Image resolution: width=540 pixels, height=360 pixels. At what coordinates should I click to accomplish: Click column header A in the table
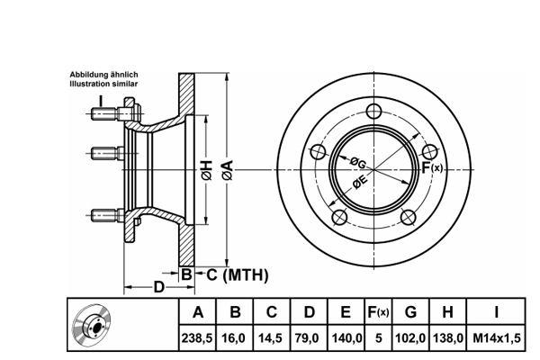[x=197, y=312]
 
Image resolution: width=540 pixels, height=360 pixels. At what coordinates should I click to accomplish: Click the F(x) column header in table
[x=378, y=312]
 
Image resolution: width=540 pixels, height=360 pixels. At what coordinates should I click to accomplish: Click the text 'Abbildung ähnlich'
[x=104, y=75]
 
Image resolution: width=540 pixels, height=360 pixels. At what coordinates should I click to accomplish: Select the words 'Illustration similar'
[x=104, y=84]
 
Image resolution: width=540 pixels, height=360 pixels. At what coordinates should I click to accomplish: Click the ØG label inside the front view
[x=357, y=163]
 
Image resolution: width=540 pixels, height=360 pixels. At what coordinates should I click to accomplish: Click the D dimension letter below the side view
[x=158, y=287]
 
